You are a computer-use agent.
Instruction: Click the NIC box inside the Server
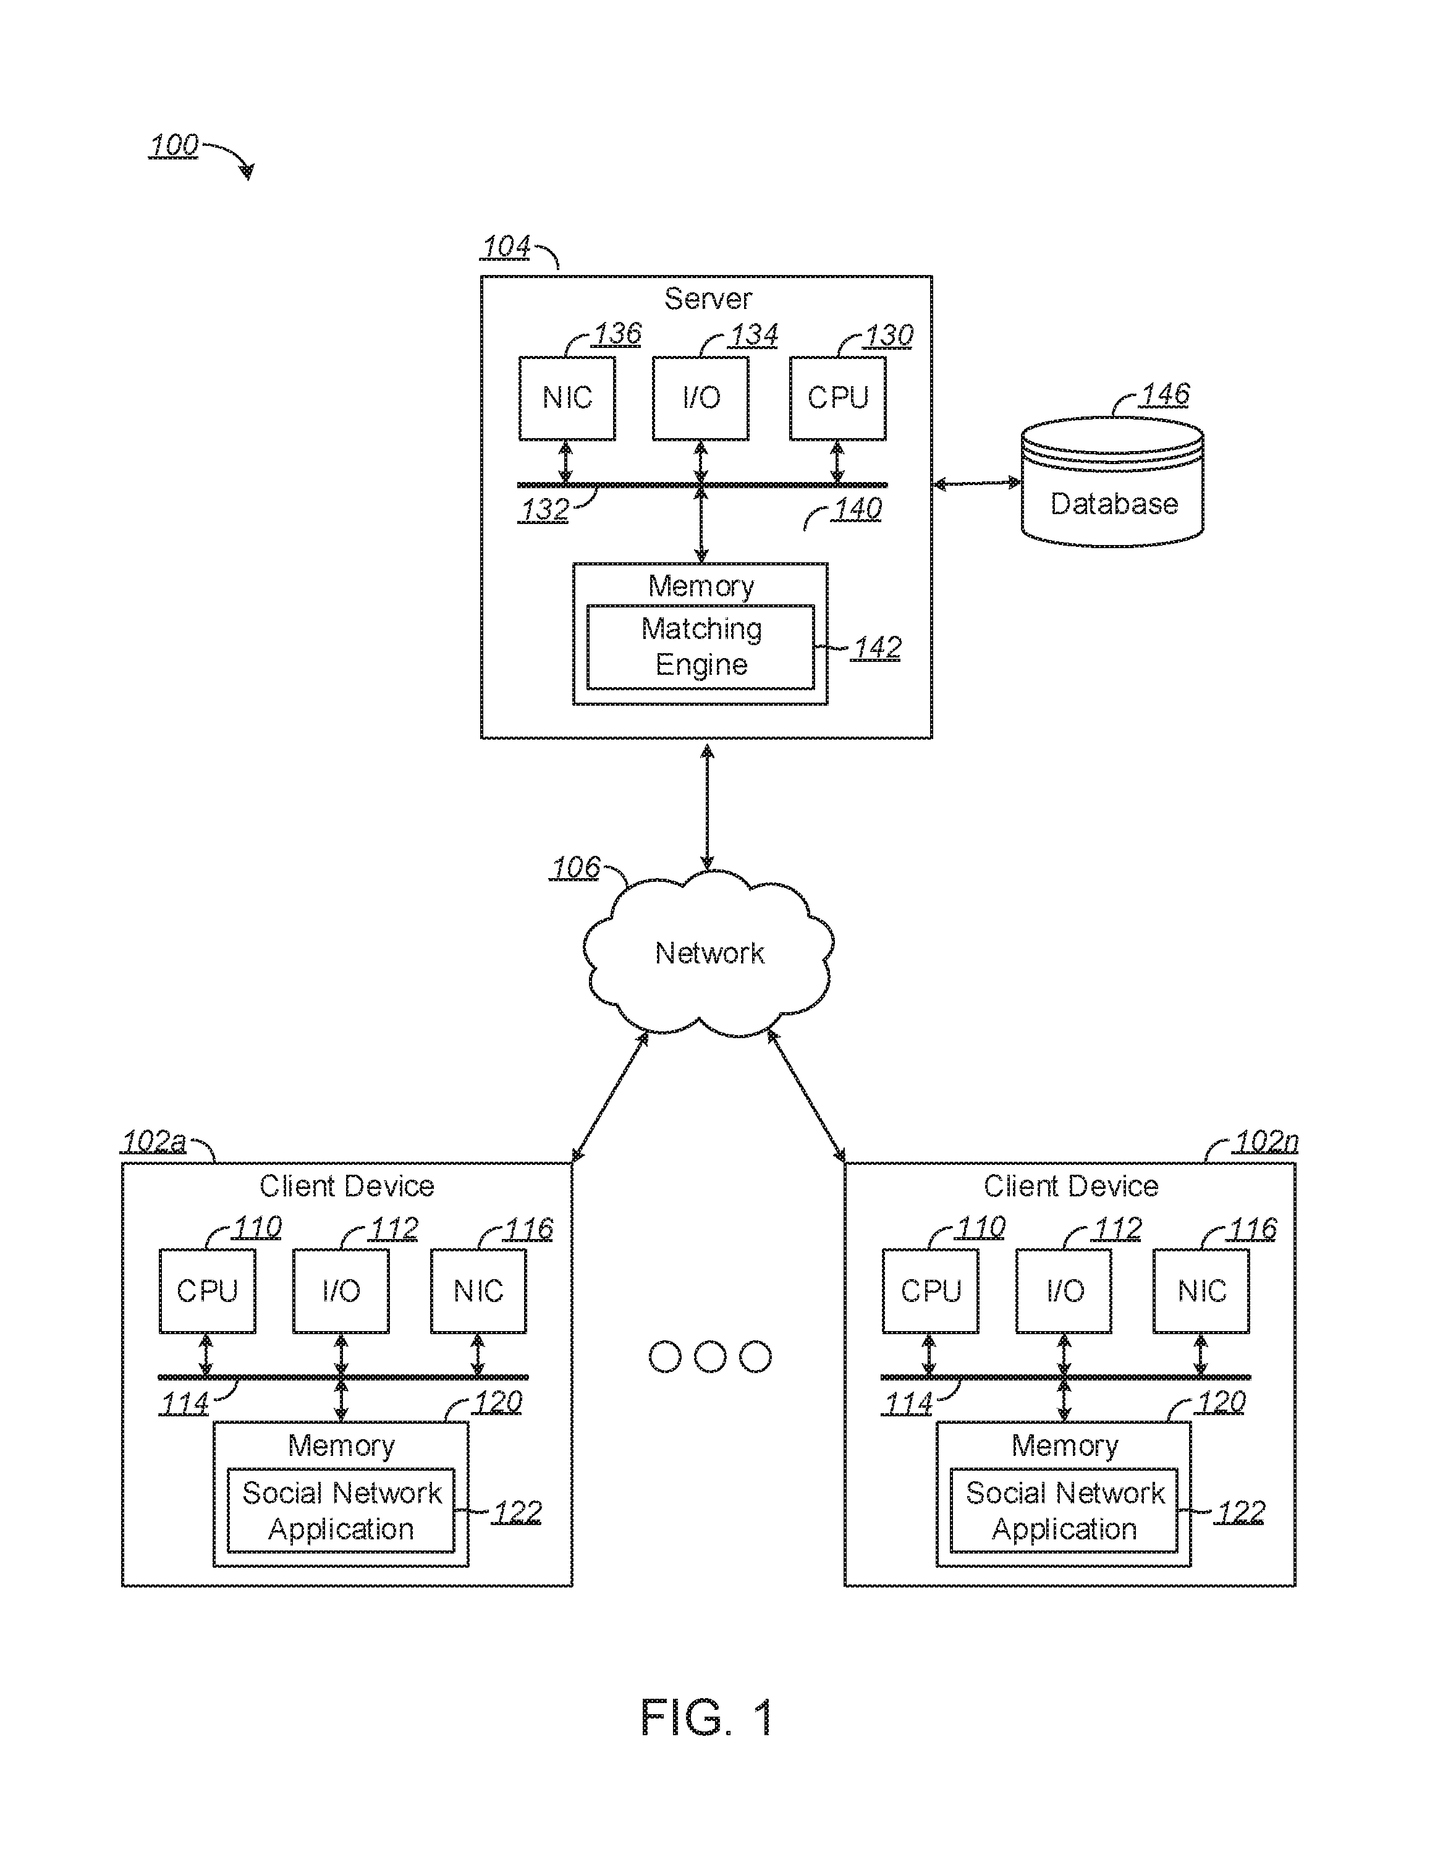point(567,398)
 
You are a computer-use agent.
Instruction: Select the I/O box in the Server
point(701,398)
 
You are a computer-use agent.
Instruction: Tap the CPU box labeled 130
point(838,398)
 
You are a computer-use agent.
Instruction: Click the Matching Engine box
point(701,647)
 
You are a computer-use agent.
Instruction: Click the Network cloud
point(708,953)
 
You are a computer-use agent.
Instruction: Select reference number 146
point(1166,394)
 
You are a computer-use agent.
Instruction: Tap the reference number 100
point(174,145)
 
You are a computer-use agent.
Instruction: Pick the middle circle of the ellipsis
point(710,1357)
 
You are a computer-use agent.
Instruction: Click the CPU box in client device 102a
point(207,1291)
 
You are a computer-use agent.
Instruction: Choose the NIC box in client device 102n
point(1201,1291)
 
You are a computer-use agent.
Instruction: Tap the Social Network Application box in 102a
point(341,1510)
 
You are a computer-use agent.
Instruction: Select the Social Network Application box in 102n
point(1064,1510)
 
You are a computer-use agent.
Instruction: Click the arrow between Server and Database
point(976,483)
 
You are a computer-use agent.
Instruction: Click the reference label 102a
point(153,1141)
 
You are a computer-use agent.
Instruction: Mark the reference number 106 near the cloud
point(576,868)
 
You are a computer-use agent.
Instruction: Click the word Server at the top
point(708,298)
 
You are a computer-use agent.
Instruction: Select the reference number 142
point(877,648)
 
